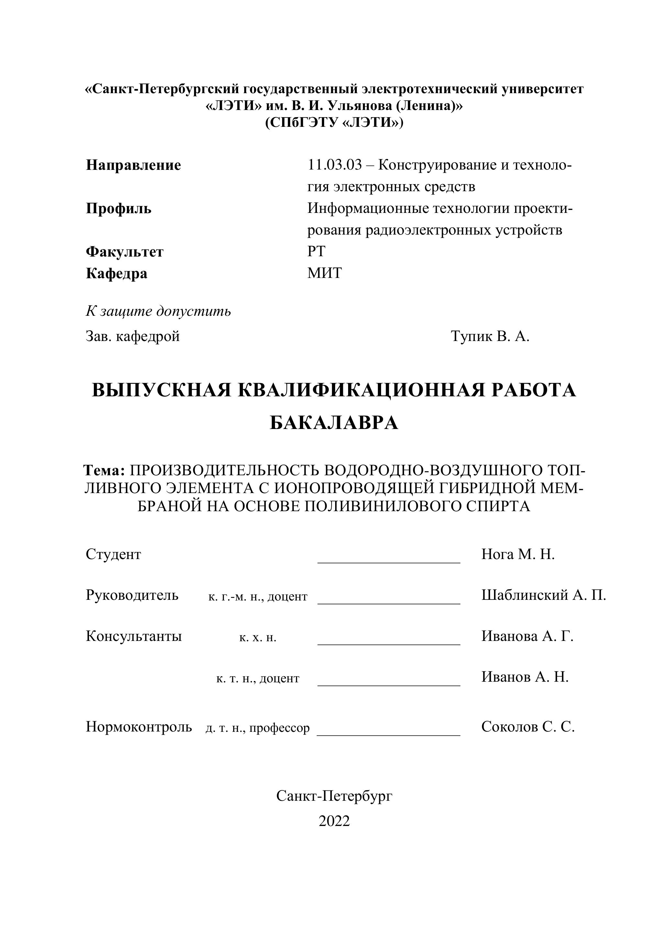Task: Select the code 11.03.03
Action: tap(334, 165)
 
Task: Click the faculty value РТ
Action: tap(316, 251)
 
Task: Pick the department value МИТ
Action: tap(324, 273)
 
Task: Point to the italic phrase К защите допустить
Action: tap(158, 311)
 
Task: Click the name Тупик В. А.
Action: tap(490, 336)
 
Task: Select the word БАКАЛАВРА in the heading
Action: tap(334, 423)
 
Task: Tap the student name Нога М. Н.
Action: tap(518, 555)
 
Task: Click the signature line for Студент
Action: tap(389, 562)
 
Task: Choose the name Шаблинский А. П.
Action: tap(543, 595)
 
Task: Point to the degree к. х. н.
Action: tap(258, 638)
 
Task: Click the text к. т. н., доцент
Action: tap(258, 678)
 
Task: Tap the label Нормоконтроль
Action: tap(139, 727)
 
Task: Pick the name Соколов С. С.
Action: tap(528, 727)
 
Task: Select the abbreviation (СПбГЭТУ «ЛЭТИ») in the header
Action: tap(334, 123)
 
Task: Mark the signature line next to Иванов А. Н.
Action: tap(389, 685)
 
